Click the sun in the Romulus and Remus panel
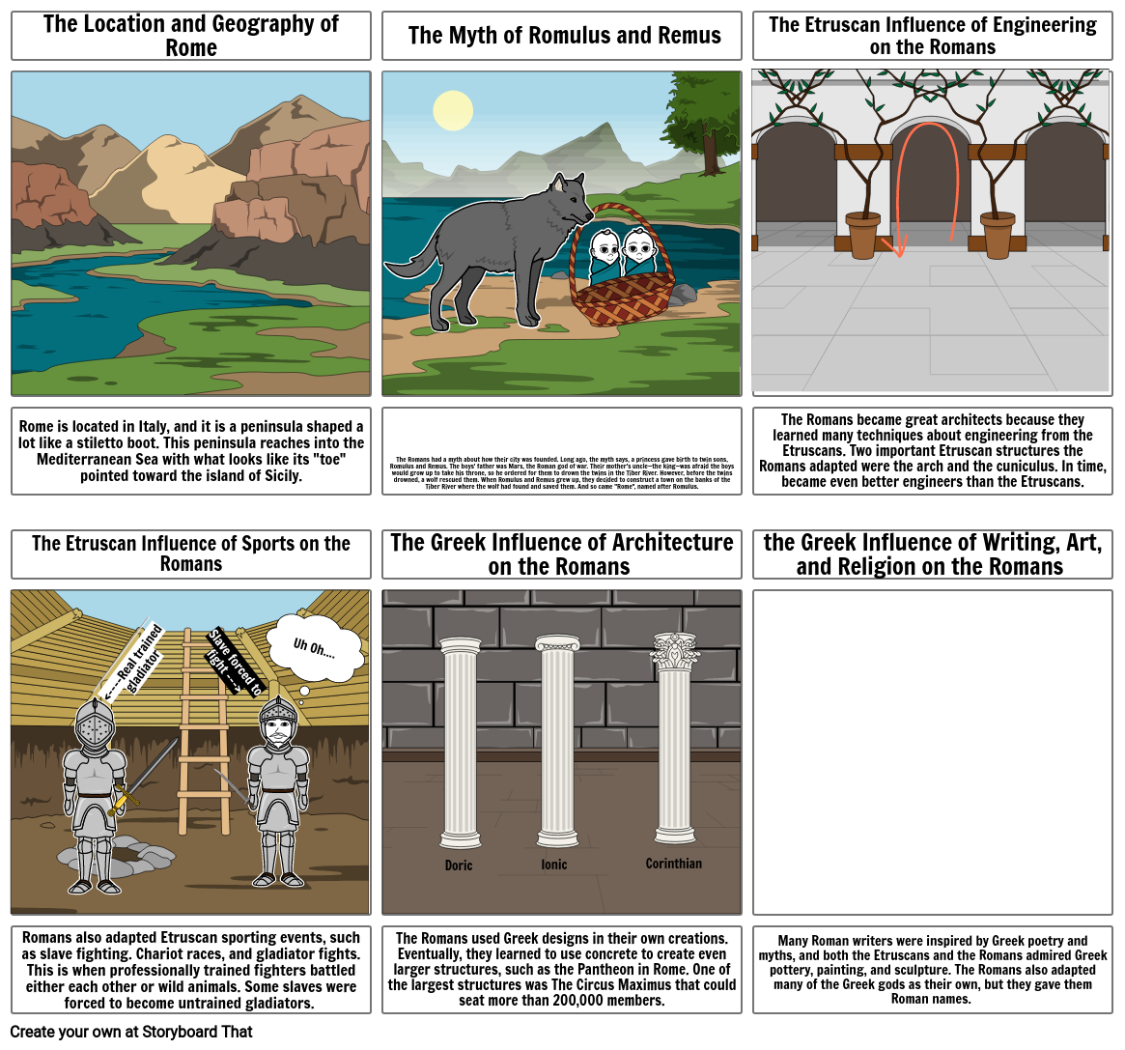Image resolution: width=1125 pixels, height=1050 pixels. pyautogui.click(x=453, y=110)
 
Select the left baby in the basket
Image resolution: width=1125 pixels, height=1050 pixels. pyautogui.click(x=605, y=248)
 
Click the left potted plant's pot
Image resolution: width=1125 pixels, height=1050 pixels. pyautogui.click(x=862, y=236)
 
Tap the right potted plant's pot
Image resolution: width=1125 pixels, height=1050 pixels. pyautogui.click(x=997, y=236)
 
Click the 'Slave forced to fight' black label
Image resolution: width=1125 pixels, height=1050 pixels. pyautogui.click(x=234, y=662)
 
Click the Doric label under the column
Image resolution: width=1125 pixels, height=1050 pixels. pyautogui.click(x=459, y=866)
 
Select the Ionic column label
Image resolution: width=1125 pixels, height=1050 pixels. pyautogui.click(x=554, y=865)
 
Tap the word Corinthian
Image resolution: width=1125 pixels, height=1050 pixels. pyautogui.click(x=673, y=864)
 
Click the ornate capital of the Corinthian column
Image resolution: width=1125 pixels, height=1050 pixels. pyautogui.click(x=675, y=652)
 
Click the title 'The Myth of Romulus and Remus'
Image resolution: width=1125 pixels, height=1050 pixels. pyautogui.click(x=564, y=36)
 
